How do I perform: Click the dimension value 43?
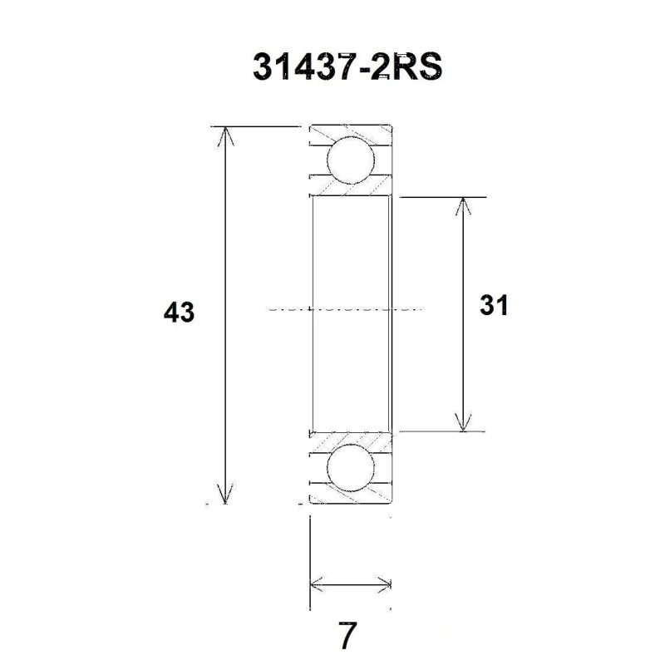179,313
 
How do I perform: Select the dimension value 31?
493,306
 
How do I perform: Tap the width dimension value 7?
347,636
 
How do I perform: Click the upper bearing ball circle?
349,160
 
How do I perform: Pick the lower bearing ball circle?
349,469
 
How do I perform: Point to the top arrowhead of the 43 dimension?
224,133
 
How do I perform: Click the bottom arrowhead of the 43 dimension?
224,495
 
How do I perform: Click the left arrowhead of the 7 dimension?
316,583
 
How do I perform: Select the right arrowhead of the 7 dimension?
384,583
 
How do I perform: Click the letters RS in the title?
410,66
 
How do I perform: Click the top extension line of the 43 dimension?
258,126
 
